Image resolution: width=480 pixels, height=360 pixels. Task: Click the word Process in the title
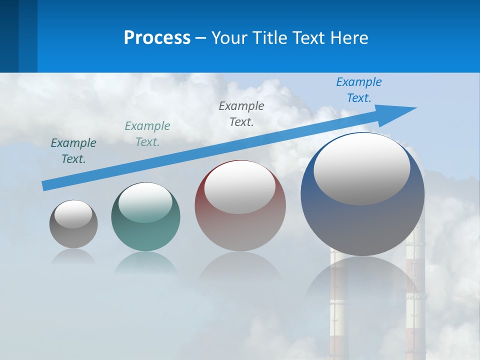157,38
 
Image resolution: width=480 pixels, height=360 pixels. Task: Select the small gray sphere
73,235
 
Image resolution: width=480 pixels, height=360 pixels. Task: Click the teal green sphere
145,235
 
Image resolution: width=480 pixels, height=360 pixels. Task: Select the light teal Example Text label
147,134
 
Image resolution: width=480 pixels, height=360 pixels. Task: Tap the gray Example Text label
241,114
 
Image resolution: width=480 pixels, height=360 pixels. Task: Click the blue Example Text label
359,90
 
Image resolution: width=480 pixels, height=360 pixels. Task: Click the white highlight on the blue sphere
362,168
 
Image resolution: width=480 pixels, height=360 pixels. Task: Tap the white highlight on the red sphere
239,187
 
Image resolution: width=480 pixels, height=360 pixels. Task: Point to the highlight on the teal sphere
145,202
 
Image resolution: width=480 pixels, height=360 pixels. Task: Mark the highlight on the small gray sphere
73,214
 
